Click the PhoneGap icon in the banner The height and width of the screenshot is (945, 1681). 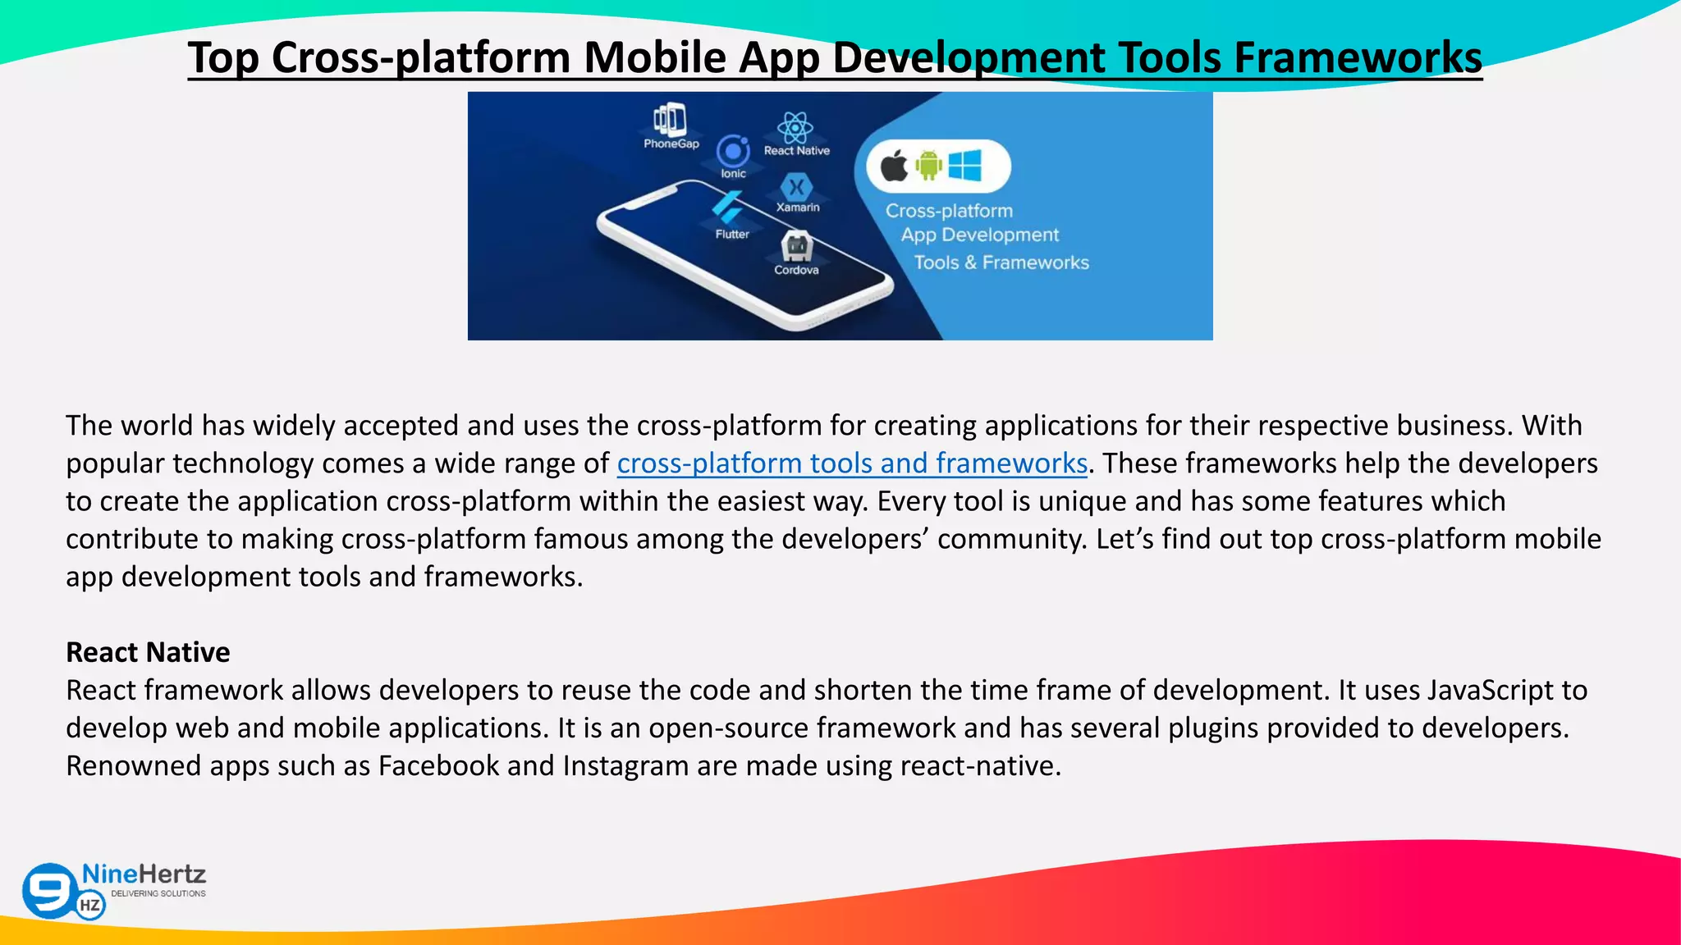click(671, 120)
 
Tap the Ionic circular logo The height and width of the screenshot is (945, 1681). click(733, 151)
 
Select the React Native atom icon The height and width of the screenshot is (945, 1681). click(795, 127)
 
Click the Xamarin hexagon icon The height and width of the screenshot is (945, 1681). click(795, 187)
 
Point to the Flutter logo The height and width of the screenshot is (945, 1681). click(728, 208)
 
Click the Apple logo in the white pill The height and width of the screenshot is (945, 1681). click(895, 167)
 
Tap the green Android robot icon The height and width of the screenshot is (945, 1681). click(929, 166)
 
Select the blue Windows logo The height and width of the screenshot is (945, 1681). click(965, 166)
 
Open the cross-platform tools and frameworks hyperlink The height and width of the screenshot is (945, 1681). click(852, 463)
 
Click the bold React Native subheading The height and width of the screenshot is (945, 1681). click(148, 652)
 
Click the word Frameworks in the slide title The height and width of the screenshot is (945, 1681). click(1358, 57)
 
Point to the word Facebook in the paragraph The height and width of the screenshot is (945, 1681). click(438, 765)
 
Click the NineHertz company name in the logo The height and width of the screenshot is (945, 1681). click(144, 874)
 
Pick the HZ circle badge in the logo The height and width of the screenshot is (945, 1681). click(90, 906)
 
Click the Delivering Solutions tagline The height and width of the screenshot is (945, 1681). click(158, 893)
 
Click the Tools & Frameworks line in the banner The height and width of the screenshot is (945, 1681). click(1001, 262)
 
